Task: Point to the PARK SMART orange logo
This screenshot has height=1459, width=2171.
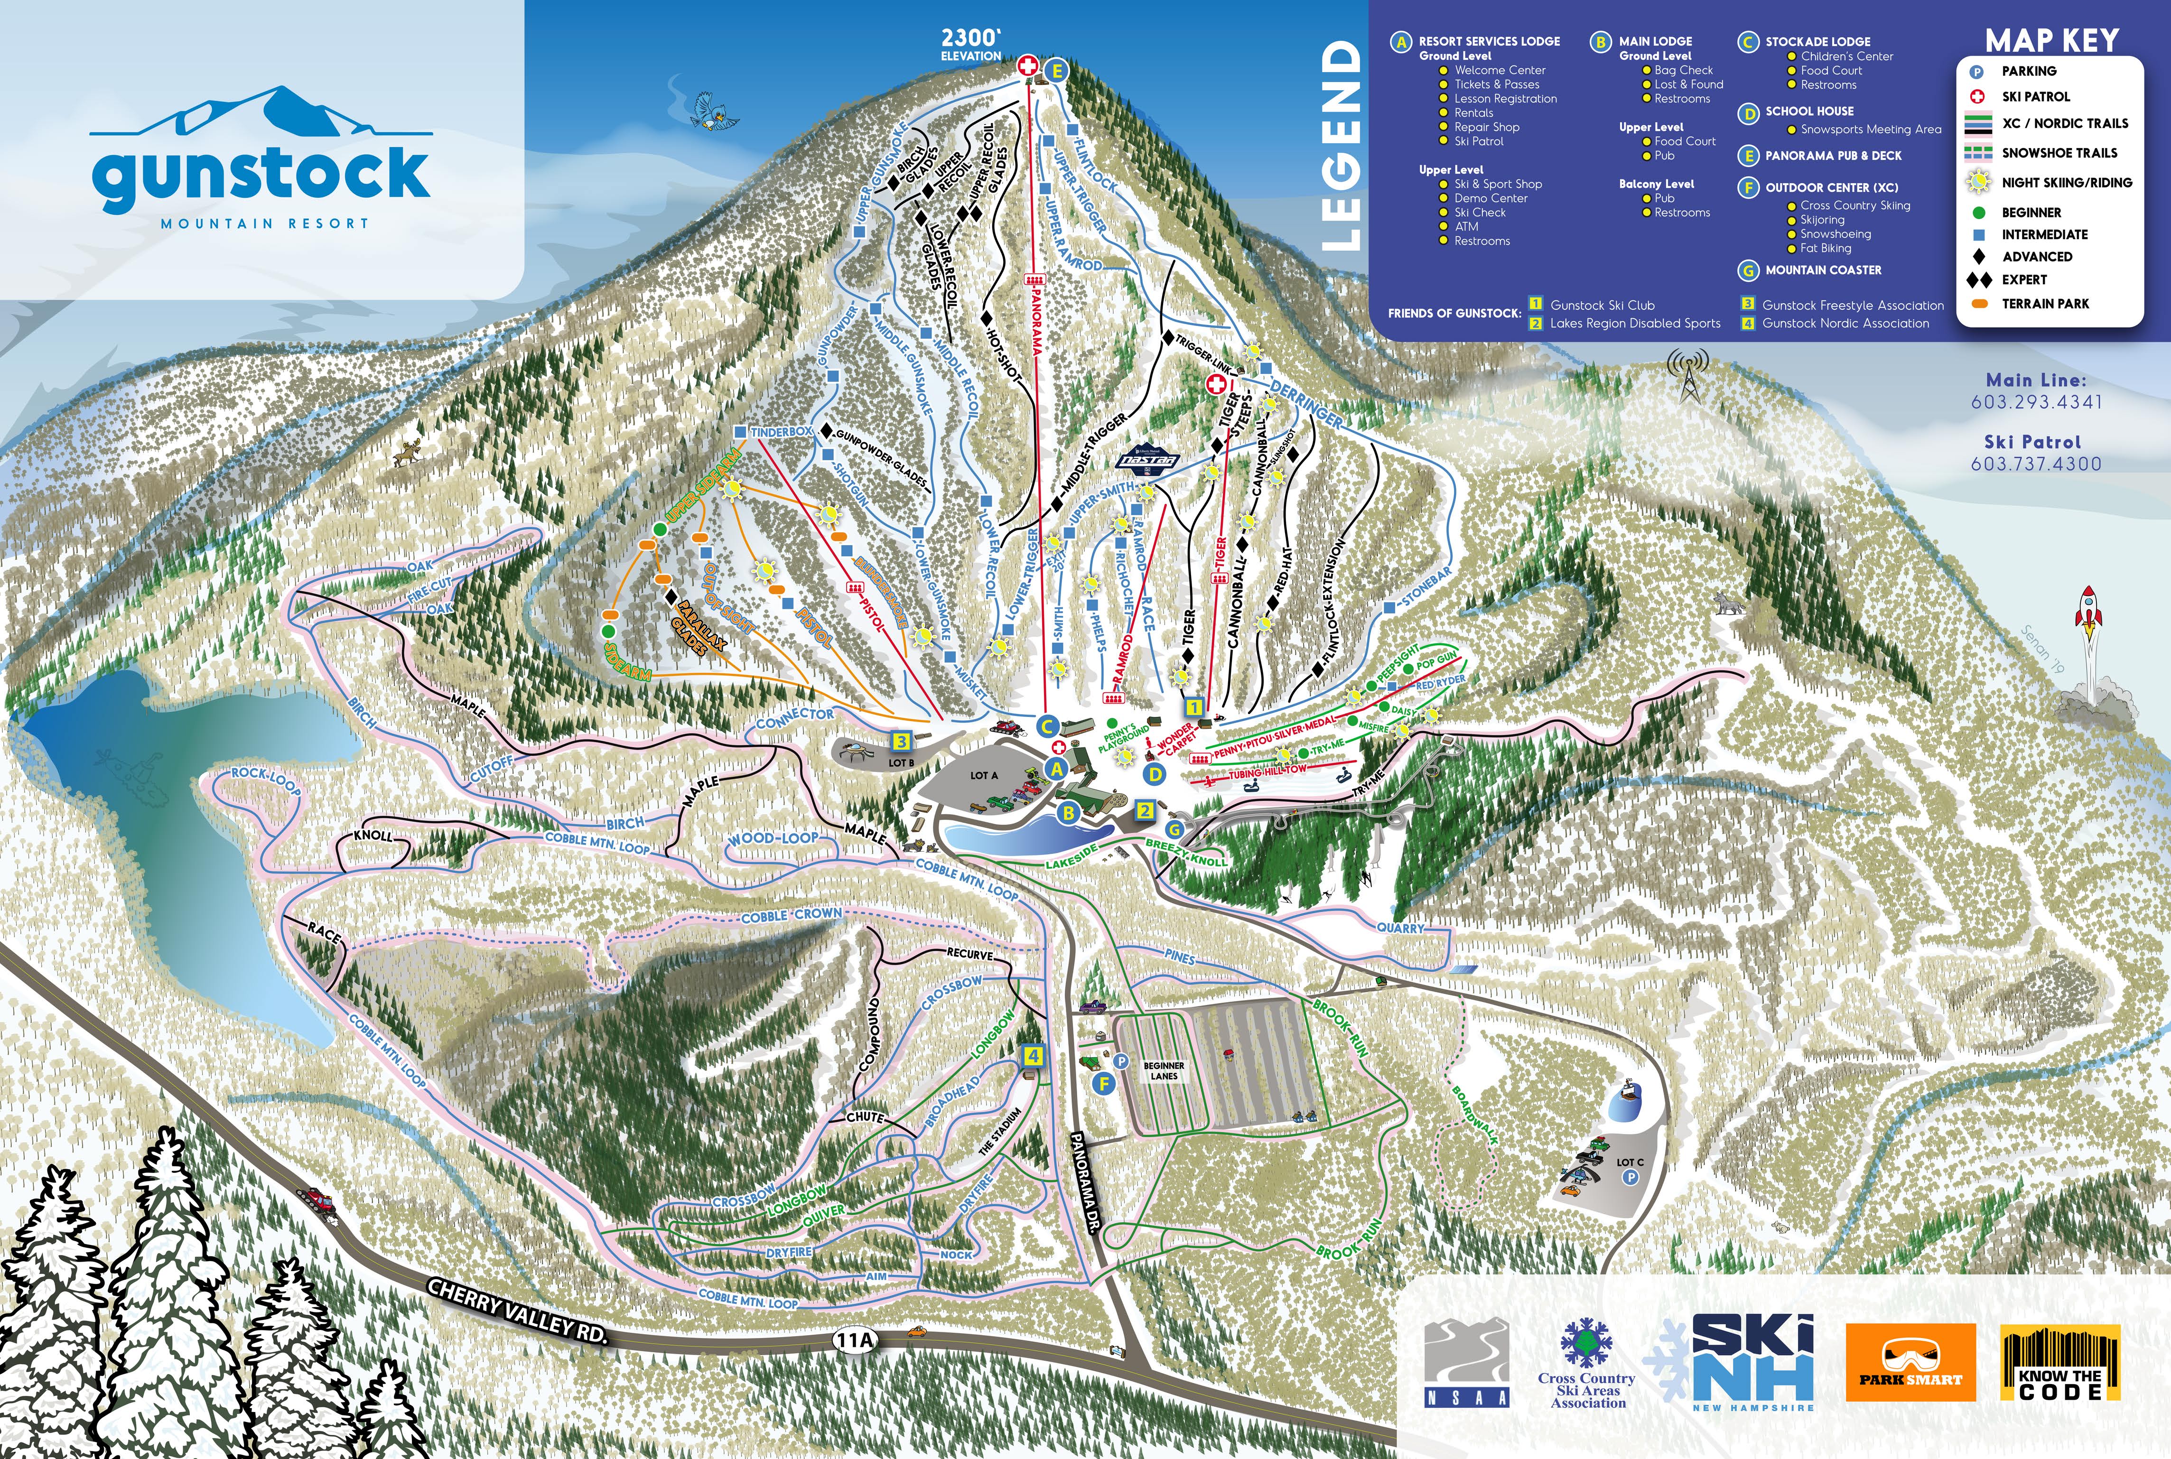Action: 1910,1362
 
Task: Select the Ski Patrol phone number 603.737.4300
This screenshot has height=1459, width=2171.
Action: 2036,464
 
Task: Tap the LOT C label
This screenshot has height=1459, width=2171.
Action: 1630,1162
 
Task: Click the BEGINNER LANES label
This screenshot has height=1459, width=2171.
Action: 1163,1071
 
